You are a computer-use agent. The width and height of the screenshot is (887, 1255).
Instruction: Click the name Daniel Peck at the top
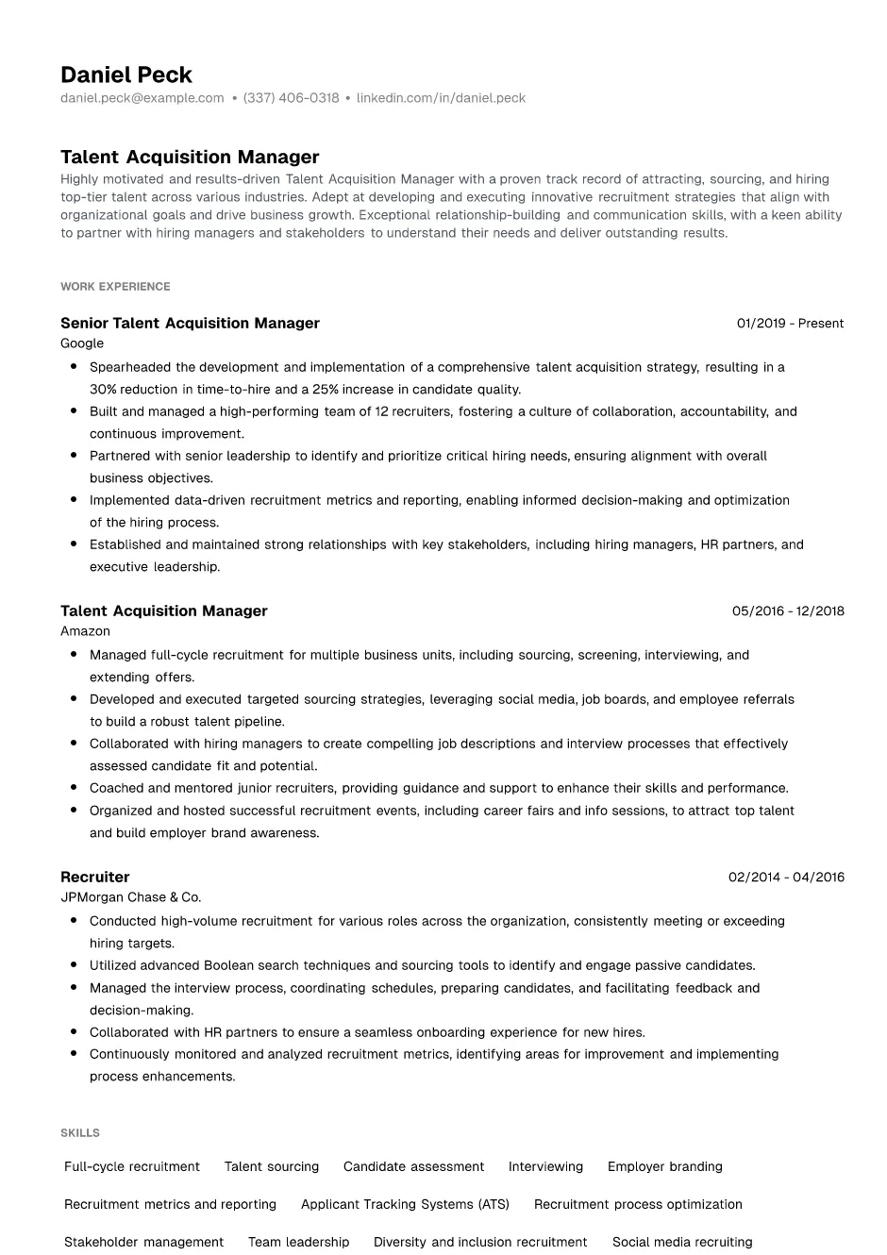pos(126,75)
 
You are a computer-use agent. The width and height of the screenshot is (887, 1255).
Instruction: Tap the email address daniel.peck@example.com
pos(142,98)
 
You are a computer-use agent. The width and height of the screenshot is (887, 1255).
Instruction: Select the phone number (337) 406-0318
pos(291,98)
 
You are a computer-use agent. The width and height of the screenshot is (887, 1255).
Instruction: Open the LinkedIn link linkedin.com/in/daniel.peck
pos(441,98)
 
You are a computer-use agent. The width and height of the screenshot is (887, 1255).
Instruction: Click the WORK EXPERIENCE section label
pos(115,286)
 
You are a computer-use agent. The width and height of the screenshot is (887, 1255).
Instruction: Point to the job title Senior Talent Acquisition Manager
pos(190,323)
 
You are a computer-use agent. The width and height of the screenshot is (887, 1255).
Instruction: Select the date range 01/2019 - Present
pos(790,323)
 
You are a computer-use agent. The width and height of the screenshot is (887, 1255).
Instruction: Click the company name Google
pos(82,343)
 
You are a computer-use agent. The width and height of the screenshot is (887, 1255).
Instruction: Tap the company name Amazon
pos(85,631)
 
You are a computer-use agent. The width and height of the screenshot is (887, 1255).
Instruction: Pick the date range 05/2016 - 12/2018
pos(788,611)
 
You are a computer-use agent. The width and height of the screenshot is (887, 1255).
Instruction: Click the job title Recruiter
pos(94,877)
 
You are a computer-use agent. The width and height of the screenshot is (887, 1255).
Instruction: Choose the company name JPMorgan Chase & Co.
pos(130,897)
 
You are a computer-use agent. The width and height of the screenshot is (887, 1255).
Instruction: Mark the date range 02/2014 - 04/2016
pos(786,877)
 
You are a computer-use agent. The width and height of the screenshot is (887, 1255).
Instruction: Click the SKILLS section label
pos(80,1132)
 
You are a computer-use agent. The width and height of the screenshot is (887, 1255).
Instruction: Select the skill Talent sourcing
pos(272,1166)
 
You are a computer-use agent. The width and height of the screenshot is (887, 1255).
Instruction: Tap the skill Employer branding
pos(665,1166)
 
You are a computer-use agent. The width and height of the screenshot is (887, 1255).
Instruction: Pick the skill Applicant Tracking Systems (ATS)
pos(405,1204)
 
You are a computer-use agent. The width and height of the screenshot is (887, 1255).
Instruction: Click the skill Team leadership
pos(298,1242)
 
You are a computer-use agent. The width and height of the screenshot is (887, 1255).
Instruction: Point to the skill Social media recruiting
pos(682,1242)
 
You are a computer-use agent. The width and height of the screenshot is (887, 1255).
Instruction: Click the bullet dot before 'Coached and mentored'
pos(74,788)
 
